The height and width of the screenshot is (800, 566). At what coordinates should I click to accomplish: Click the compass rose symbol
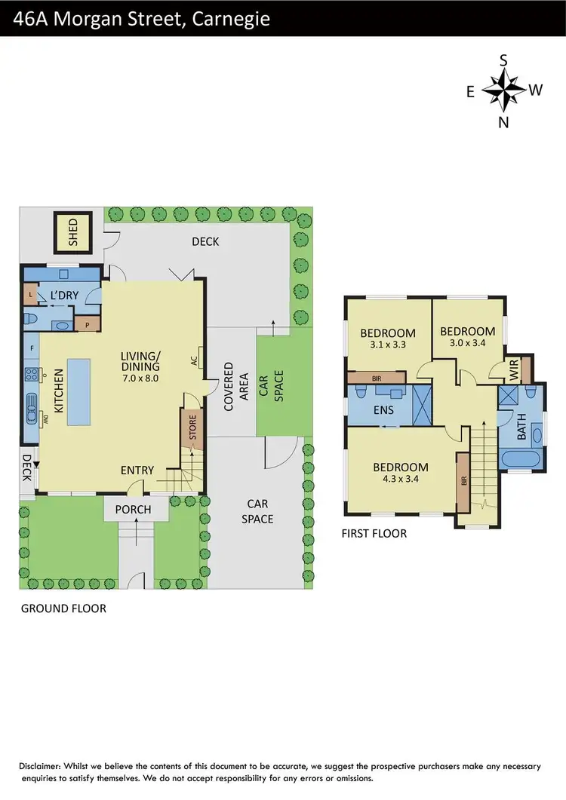point(503,90)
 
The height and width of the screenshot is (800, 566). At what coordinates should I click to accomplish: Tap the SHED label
point(73,233)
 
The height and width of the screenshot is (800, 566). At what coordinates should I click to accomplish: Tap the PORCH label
point(133,510)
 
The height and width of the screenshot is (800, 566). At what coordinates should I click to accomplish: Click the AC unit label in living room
point(194,360)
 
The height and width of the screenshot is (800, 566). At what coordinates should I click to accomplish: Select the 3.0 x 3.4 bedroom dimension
point(467,344)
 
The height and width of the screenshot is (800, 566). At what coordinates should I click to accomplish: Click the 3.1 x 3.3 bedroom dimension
point(387,346)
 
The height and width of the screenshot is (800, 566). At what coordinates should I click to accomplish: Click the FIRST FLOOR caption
point(374,534)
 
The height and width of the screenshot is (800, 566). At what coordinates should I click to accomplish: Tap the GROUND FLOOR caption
point(63,608)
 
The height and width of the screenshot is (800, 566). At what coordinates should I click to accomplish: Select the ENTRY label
point(137,470)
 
